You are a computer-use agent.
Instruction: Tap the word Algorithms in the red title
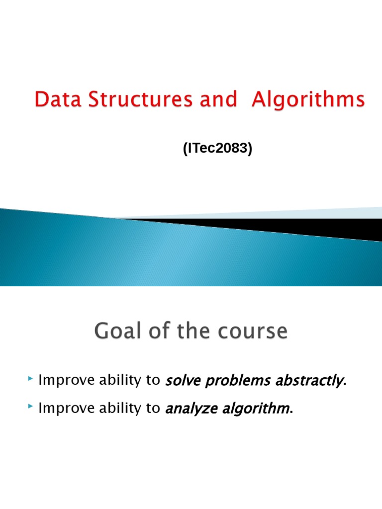[x=308, y=101]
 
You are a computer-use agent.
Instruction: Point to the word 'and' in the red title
[x=218, y=100]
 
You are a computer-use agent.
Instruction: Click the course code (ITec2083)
[x=218, y=149]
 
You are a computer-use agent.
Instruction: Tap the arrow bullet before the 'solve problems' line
[x=31, y=380]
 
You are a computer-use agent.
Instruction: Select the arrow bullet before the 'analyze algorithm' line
[x=31, y=408]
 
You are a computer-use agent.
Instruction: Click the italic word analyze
[x=187, y=409]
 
